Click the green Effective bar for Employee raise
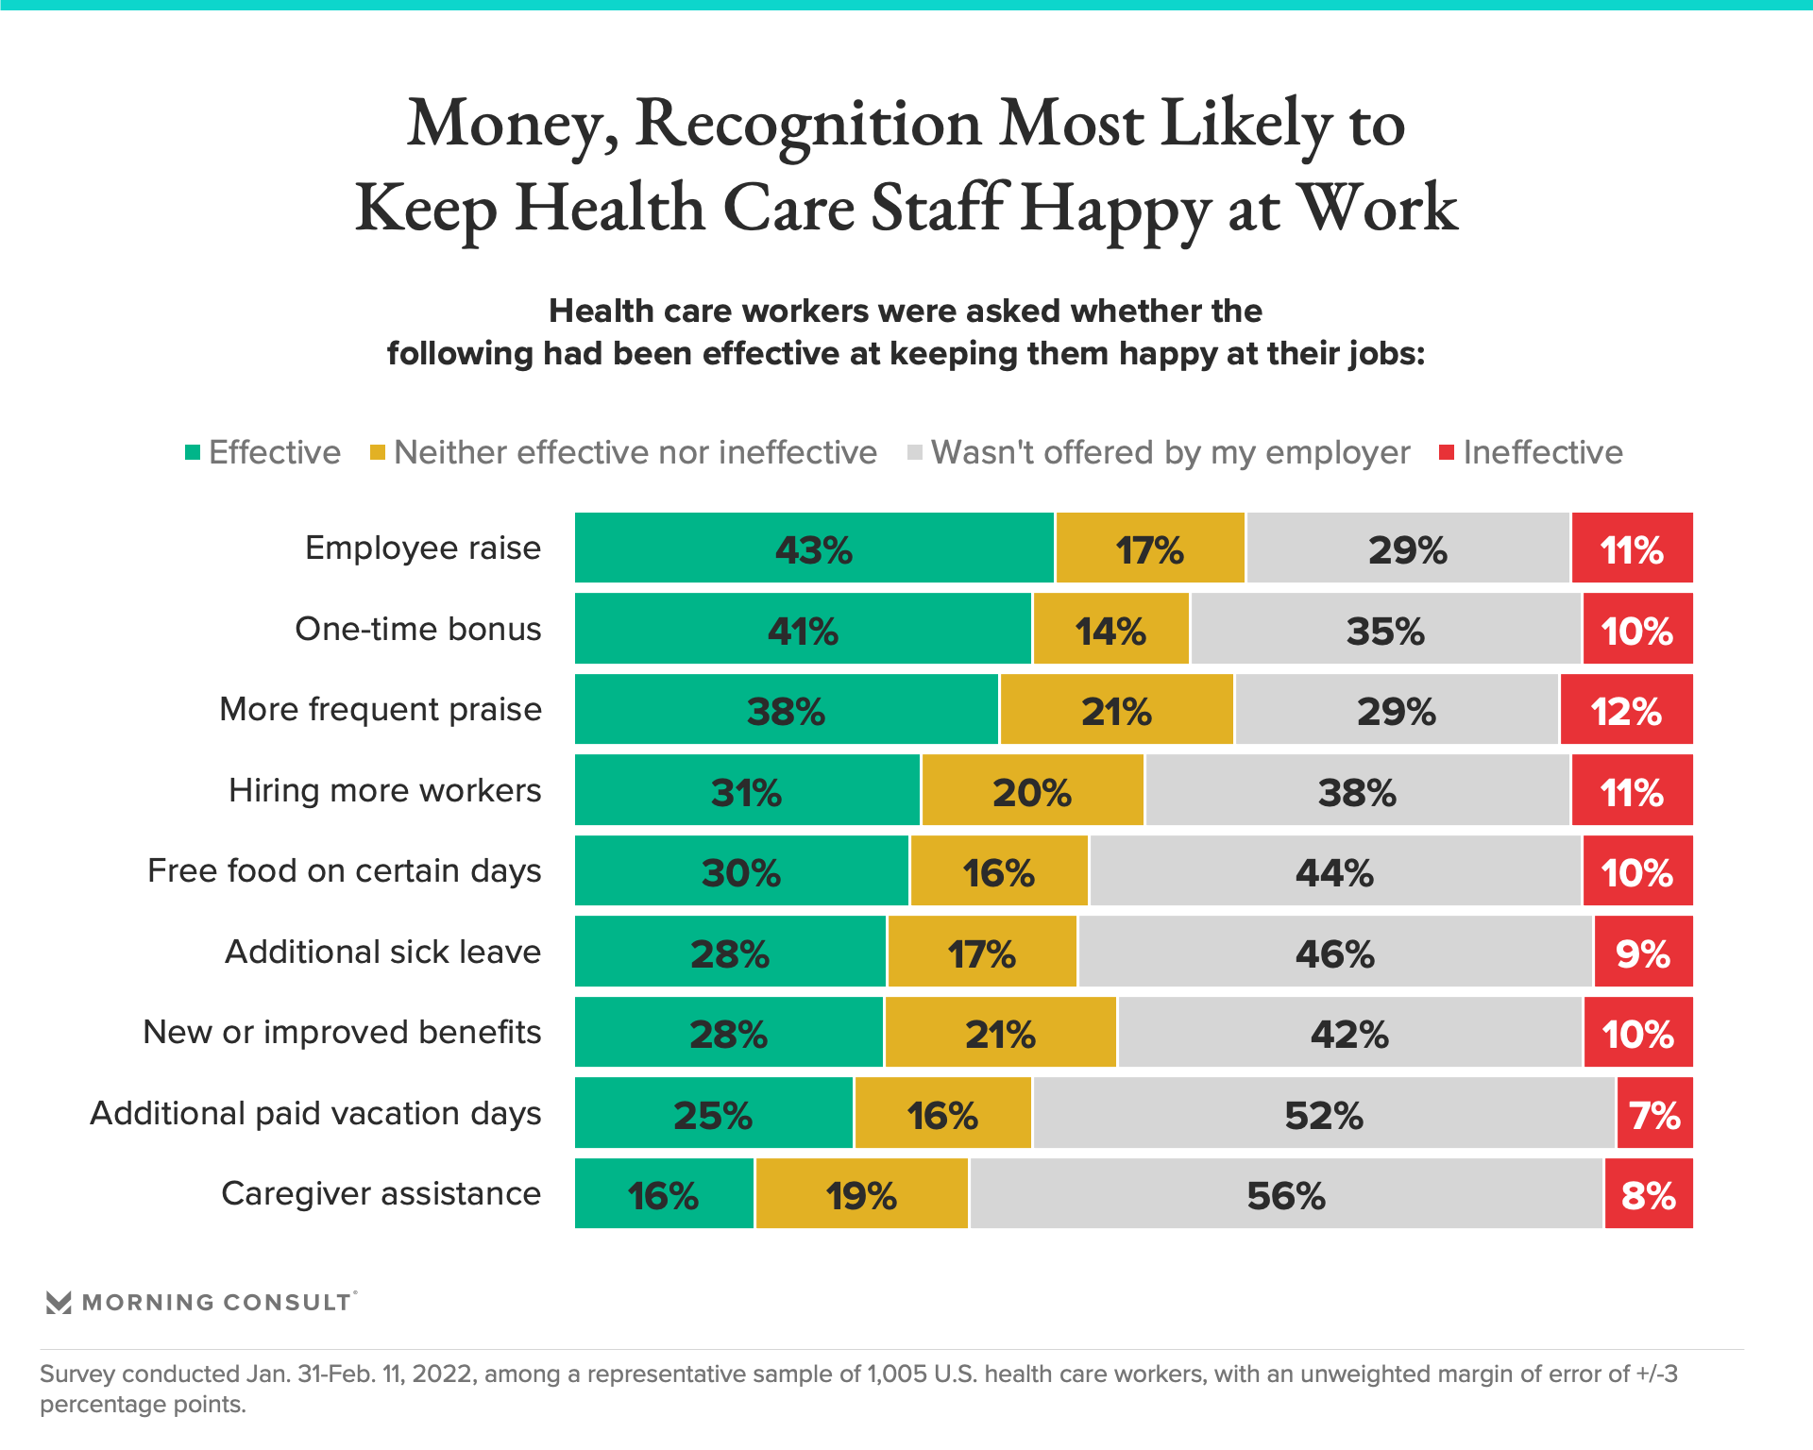pos(814,548)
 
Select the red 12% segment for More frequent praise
pos(1626,710)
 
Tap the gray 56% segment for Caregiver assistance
pos(1286,1194)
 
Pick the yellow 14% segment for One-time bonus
pos(1110,630)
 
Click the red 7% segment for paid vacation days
pos(1654,1114)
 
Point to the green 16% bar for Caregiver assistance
pos(664,1194)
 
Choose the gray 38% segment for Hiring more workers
pos(1357,791)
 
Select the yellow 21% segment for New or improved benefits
pos(1000,1033)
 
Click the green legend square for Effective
pos(193,453)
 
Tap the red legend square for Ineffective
pos(1446,453)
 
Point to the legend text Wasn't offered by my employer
pos(1170,453)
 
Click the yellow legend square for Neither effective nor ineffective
pos(378,453)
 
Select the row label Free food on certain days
pos(345,870)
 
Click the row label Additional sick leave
pos(382,952)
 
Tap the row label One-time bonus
pos(417,629)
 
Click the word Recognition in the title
pos(808,124)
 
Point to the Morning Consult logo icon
pos(59,1303)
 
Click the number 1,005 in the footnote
pos(897,1374)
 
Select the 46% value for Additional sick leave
pos(1334,953)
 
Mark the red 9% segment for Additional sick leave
pos(1643,953)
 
